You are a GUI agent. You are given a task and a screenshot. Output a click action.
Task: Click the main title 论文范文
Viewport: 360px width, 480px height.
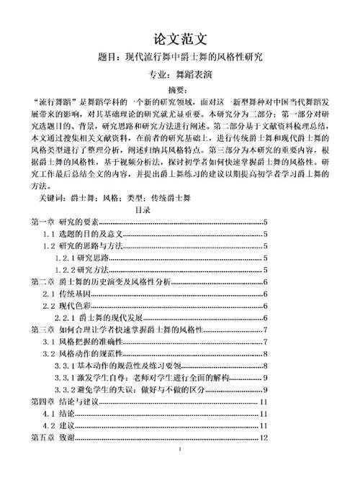pyautogui.click(x=179, y=37)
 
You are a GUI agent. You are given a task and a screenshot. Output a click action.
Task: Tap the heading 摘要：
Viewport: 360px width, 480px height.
pyautogui.click(x=179, y=89)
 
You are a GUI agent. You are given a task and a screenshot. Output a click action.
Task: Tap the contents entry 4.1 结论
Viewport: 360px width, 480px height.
pyautogui.click(x=58, y=415)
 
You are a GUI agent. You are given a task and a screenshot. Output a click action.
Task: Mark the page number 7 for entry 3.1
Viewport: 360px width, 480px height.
pyautogui.click(x=266, y=342)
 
